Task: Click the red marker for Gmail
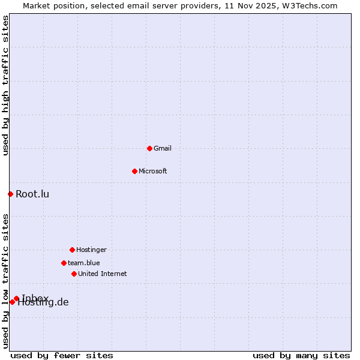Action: coord(149,148)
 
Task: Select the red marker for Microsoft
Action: coord(134,171)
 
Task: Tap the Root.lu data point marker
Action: coord(10,194)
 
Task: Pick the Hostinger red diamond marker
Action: coord(72,250)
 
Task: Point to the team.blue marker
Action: coord(64,263)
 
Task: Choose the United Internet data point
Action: coord(74,274)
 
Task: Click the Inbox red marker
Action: coord(16,298)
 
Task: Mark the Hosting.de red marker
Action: coord(12,302)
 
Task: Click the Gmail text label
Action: coord(163,148)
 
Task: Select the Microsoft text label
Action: coord(153,171)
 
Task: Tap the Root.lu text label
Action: coord(32,194)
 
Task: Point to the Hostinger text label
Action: coord(91,250)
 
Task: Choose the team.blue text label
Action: coord(84,263)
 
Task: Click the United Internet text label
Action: coord(103,274)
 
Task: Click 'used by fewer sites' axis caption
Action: coord(62,355)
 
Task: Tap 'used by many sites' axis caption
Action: coord(301,355)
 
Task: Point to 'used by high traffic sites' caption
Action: coord(5,85)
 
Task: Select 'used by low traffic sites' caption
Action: coord(5,281)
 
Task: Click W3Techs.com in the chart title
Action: coord(310,5)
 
